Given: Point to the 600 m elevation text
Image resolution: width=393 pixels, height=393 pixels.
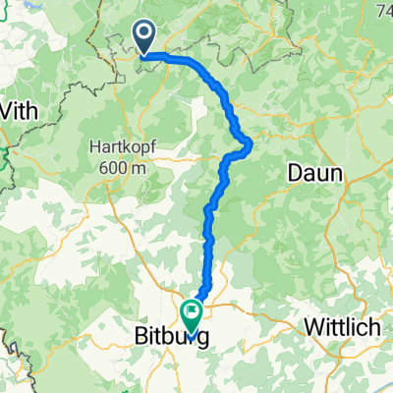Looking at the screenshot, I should [x=123, y=167].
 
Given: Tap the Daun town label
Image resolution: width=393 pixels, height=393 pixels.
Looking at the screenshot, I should [x=314, y=174].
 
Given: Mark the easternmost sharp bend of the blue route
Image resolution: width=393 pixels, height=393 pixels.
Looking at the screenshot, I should [x=252, y=144].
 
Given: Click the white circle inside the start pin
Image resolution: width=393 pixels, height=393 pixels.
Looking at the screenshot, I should [x=144, y=34].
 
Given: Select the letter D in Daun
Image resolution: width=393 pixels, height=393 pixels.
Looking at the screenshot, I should [x=294, y=174].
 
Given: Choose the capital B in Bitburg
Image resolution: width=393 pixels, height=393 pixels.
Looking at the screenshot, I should [x=139, y=338].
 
